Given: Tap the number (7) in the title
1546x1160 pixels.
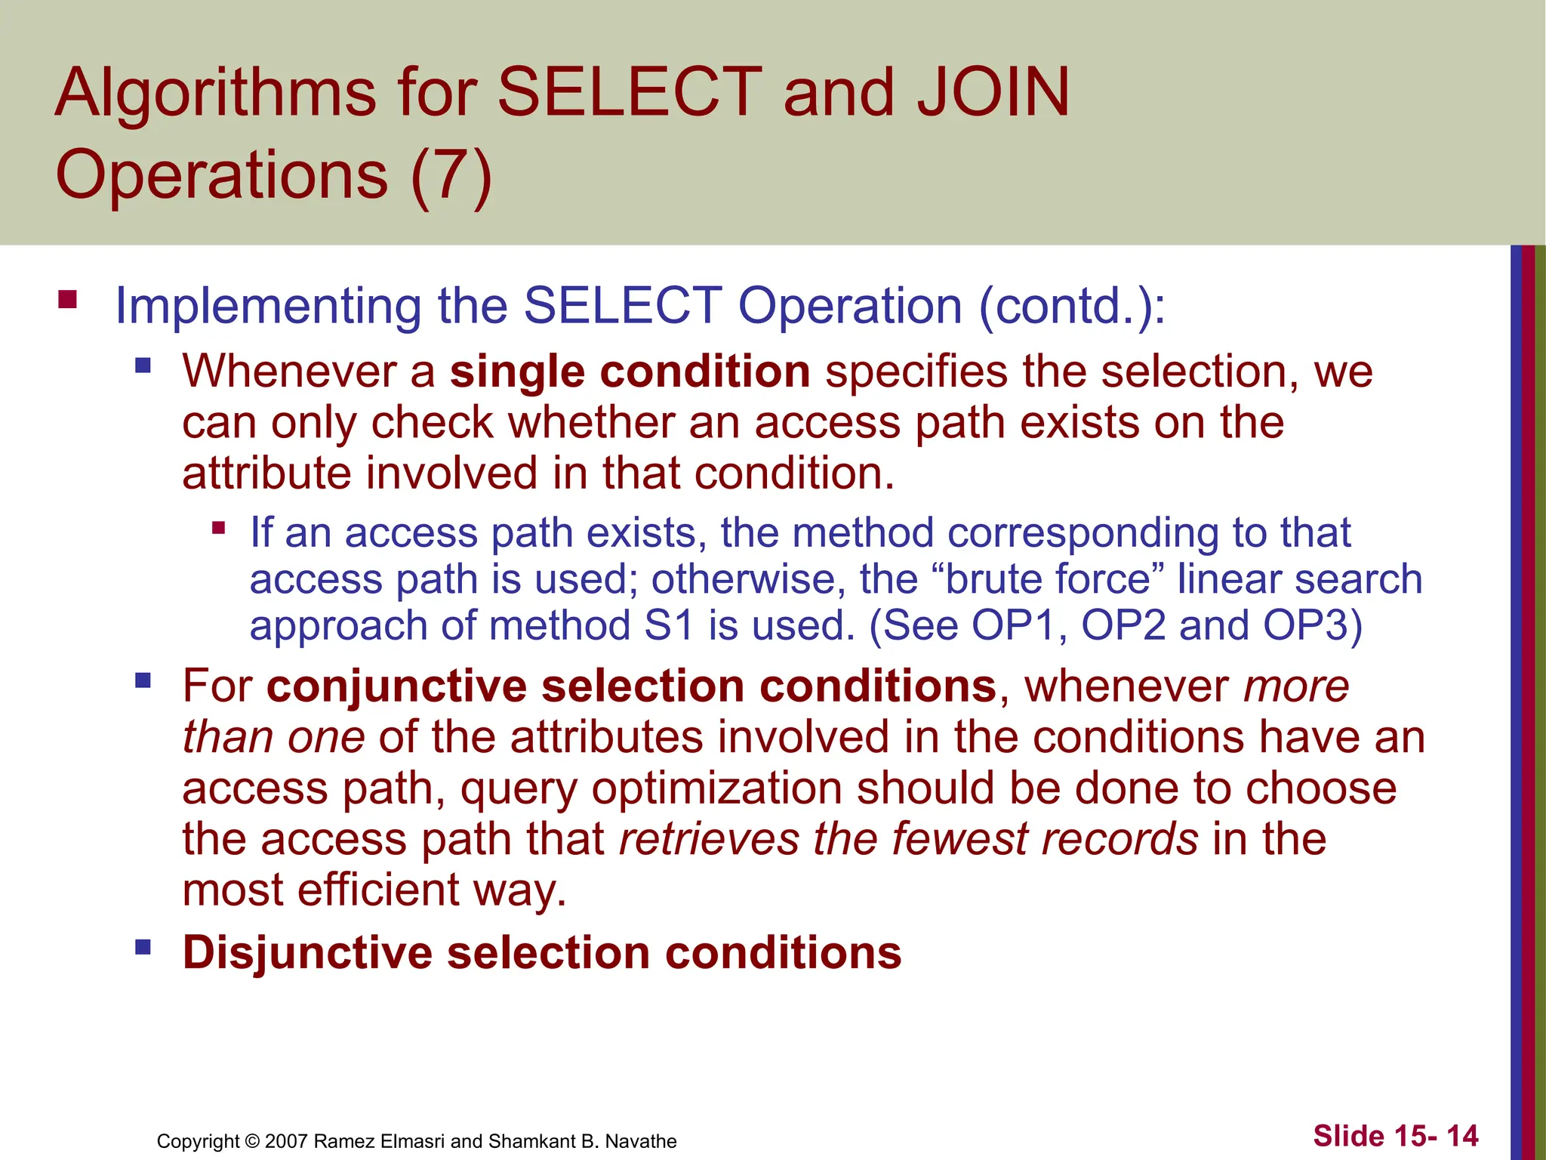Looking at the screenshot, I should coord(451,175).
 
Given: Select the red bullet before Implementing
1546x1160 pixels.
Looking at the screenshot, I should coord(68,301).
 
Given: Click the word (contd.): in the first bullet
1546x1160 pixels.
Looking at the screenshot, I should coord(1072,306).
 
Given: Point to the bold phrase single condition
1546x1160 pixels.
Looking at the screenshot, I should coord(630,372).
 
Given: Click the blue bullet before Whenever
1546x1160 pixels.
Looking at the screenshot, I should coord(143,367).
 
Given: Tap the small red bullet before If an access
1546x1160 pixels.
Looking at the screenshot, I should coord(219,528).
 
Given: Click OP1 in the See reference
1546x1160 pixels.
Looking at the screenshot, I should coord(1012,626).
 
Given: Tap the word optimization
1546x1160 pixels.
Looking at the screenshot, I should coord(716,788).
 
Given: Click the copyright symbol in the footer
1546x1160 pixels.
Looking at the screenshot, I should coord(252,1141).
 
